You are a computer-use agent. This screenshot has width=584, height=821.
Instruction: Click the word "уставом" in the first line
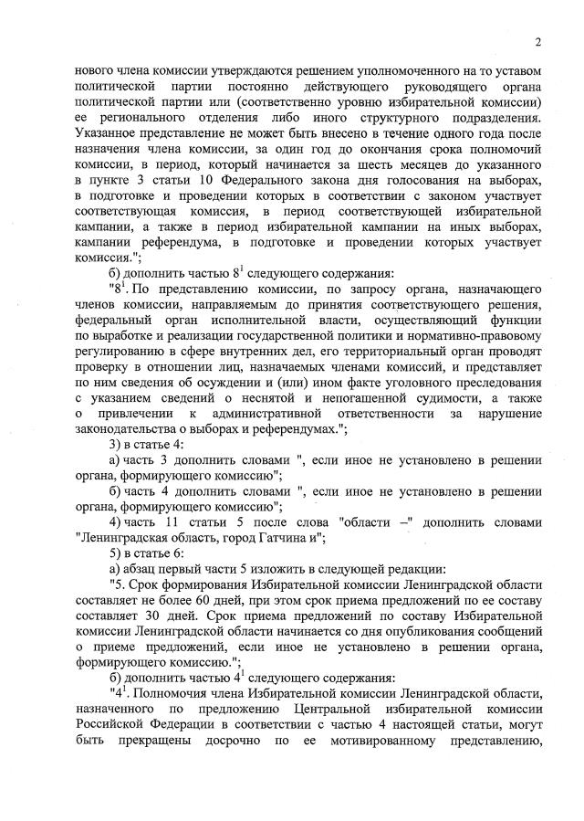pos(512,70)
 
